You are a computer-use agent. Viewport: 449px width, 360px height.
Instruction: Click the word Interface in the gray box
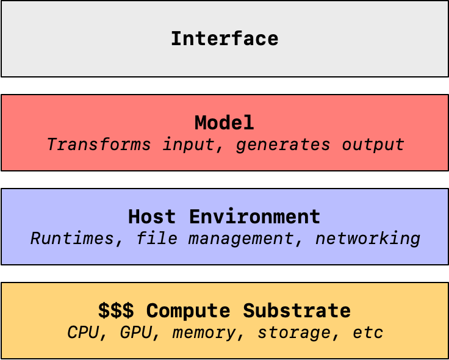[224, 38]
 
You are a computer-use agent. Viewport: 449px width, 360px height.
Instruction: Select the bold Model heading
[224, 123]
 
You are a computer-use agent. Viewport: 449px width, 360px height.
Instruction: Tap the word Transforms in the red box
[99, 144]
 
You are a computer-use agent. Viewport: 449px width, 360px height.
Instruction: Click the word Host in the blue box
[152, 217]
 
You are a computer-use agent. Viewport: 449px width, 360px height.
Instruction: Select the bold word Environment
[254, 217]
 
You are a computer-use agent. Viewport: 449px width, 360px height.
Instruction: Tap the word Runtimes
[76, 239]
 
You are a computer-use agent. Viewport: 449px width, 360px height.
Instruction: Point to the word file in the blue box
[157, 239]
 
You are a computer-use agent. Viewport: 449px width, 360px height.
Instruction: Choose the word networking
[368, 239]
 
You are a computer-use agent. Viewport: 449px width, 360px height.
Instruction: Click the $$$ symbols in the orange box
[116, 311]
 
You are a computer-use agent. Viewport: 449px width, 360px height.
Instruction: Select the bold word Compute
[188, 311]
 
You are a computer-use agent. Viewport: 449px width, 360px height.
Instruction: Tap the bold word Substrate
[297, 311]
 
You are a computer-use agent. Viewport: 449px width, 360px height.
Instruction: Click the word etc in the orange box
[368, 333]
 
